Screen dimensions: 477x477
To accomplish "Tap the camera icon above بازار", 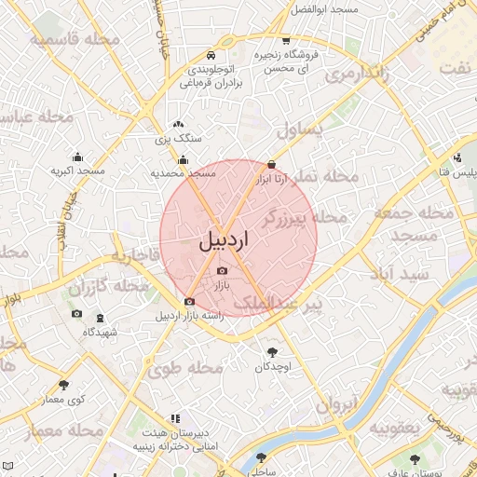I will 221,270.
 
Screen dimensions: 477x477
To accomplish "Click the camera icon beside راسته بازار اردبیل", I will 190,301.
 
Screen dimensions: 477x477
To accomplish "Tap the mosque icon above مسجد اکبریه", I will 77,157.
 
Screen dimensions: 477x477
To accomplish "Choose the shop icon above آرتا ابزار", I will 271,163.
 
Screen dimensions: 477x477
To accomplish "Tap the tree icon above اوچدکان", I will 272,352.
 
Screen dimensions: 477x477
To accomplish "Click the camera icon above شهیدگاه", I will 76,314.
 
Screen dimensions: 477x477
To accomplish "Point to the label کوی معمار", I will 62,400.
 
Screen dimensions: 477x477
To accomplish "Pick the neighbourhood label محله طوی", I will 186,368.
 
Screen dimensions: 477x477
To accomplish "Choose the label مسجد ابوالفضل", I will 325,8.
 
